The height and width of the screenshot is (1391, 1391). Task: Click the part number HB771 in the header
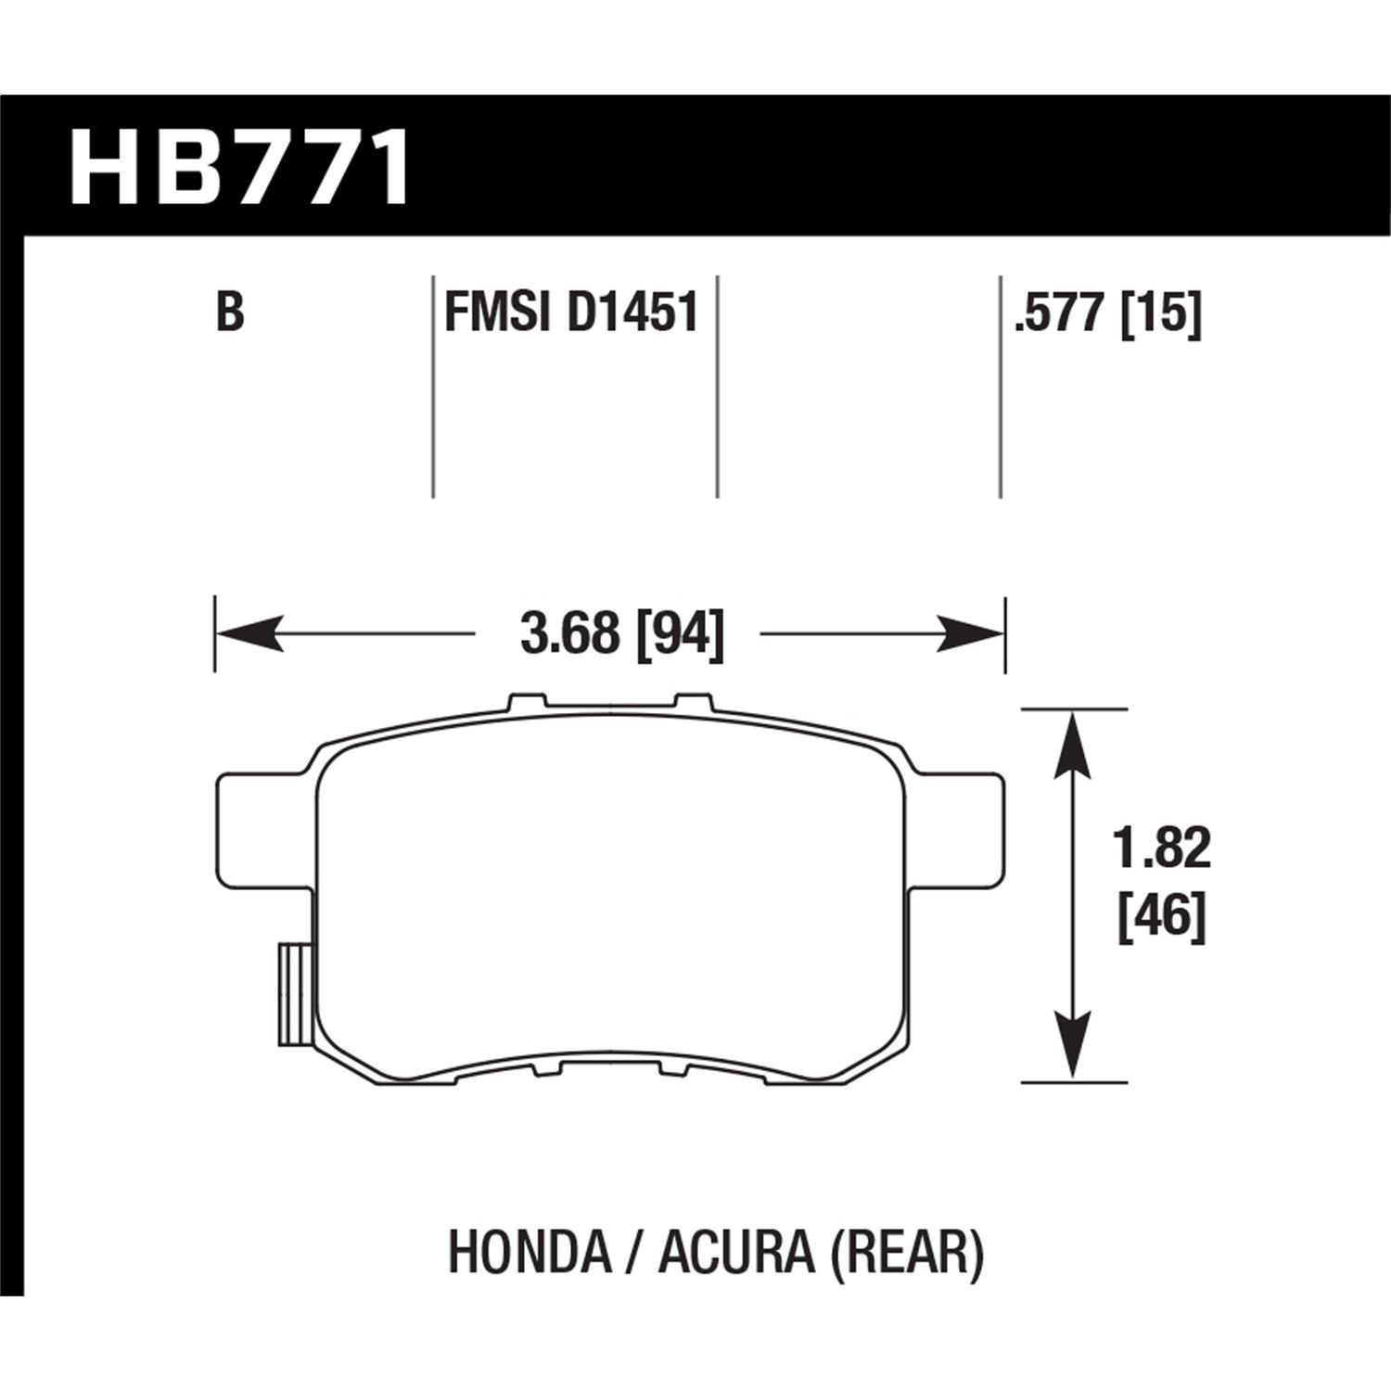(239, 169)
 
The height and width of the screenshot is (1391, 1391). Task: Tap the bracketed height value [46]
(1163, 918)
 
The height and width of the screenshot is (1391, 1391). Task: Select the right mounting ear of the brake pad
(960, 823)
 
